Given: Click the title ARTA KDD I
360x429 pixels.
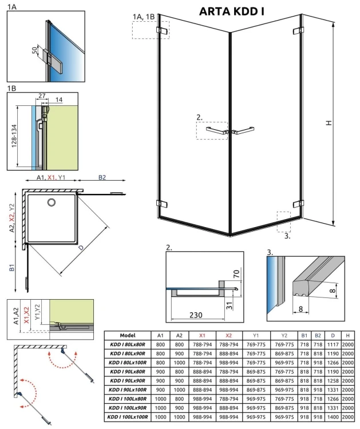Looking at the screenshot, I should click(x=235, y=11).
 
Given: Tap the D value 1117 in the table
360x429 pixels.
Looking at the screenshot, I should click(x=333, y=345).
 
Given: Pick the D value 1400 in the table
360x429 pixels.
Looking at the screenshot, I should click(x=333, y=418).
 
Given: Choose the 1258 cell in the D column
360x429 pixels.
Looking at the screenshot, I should click(x=333, y=381).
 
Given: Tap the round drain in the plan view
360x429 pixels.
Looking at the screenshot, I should click(x=51, y=202).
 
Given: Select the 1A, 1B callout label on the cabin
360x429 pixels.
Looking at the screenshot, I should click(x=143, y=17).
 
